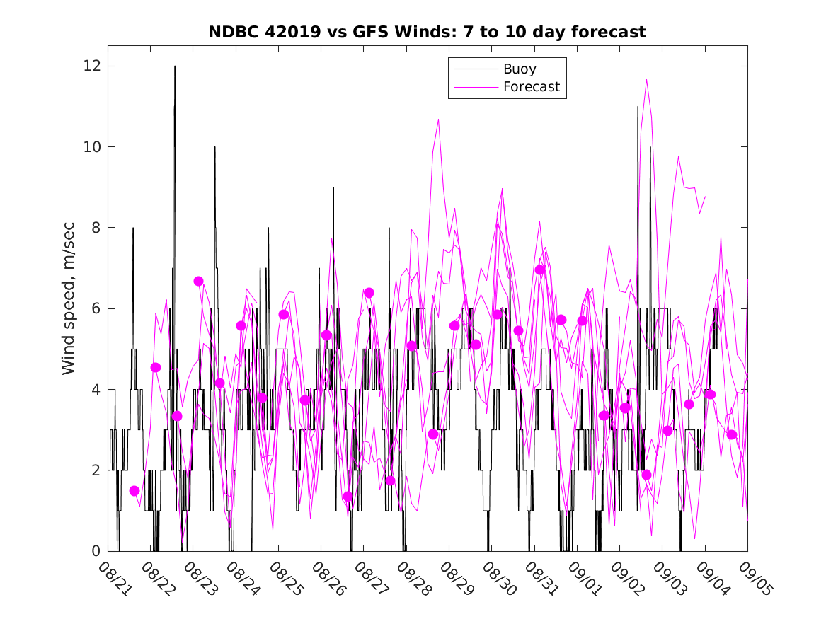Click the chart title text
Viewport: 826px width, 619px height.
click(x=427, y=33)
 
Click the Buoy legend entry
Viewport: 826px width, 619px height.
click(x=519, y=69)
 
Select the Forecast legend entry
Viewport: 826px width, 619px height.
click(x=531, y=87)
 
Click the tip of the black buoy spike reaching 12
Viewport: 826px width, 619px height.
click(x=175, y=66)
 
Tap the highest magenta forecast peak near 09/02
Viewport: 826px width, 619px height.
click(x=646, y=80)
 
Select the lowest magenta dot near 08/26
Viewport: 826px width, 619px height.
click(x=348, y=497)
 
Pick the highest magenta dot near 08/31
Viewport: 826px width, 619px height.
click(x=540, y=270)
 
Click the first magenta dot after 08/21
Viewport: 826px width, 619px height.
click(x=134, y=491)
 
